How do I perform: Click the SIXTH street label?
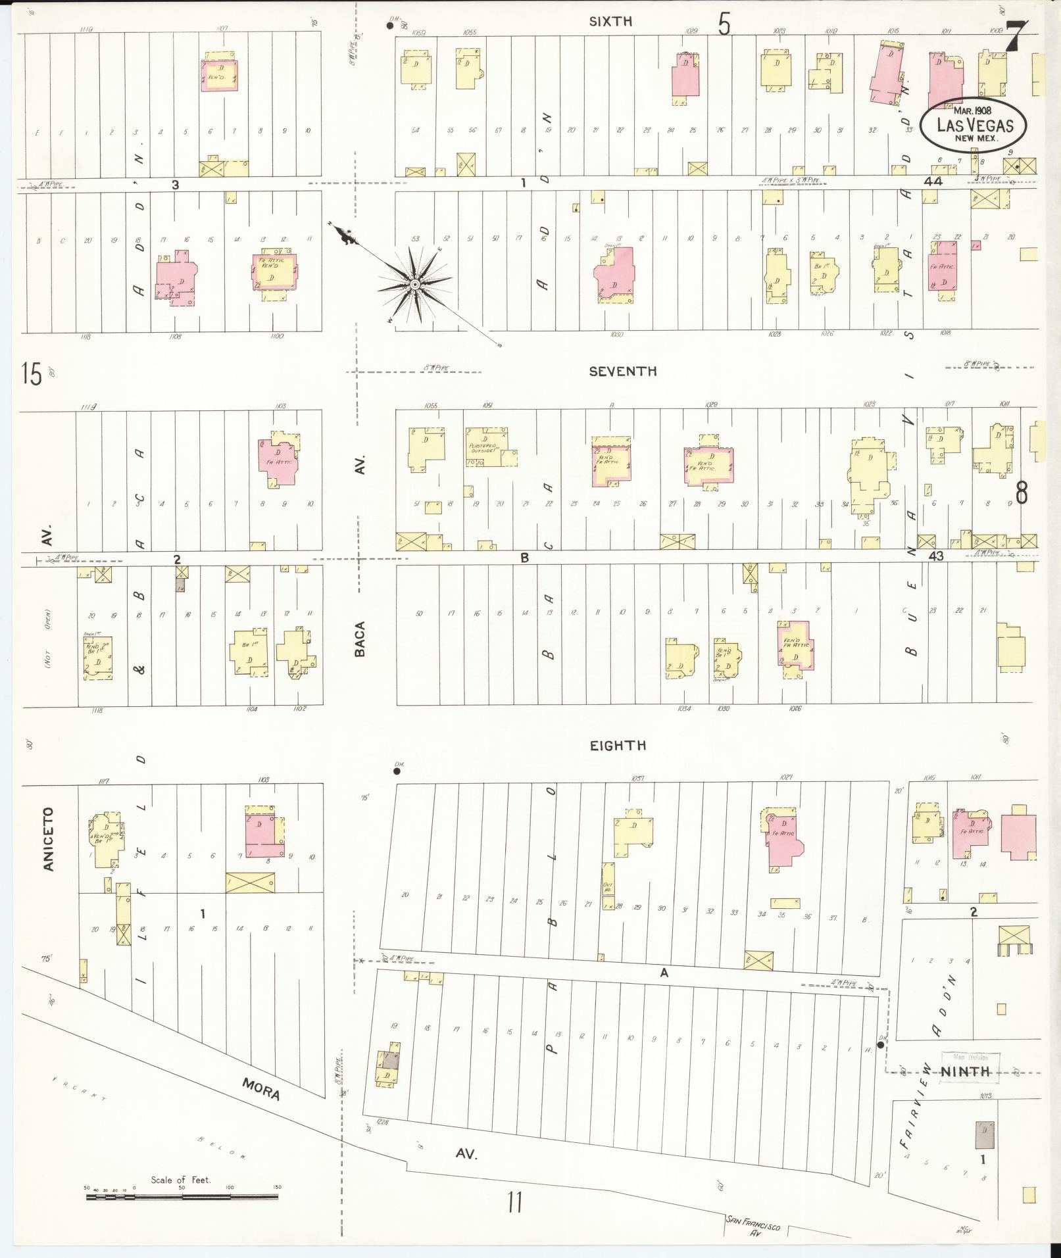(x=610, y=22)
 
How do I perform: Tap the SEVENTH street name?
(x=622, y=372)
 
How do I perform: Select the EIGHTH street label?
(x=617, y=745)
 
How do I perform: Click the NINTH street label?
(x=965, y=1071)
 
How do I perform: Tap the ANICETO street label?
(x=49, y=839)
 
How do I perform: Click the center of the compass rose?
(x=415, y=284)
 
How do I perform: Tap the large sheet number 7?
(x=1017, y=34)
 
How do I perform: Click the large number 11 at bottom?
(x=514, y=1203)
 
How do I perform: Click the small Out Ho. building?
(x=607, y=887)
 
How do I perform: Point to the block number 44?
(x=933, y=181)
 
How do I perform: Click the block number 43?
(x=935, y=556)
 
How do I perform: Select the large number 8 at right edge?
(x=1022, y=493)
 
